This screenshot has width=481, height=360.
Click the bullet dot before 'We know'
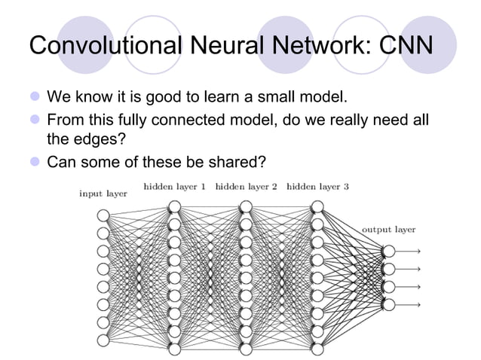[34, 98]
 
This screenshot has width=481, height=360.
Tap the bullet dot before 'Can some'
[34, 163]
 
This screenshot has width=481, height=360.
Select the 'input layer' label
[103, 194]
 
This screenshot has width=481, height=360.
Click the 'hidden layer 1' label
[174, 186]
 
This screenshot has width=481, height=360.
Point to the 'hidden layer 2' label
[246, 186]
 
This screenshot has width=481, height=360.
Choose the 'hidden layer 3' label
[317, 186]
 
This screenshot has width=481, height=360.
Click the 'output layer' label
[388, 229]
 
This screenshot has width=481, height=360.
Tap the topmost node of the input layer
[103, 215]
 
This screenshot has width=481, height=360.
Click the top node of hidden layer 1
[174, 206]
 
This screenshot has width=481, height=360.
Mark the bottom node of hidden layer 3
[317, 349]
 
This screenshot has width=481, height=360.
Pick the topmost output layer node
[388, 252]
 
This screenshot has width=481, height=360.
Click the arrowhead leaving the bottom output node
[417, 304]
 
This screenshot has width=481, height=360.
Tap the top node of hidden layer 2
[246, 206]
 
